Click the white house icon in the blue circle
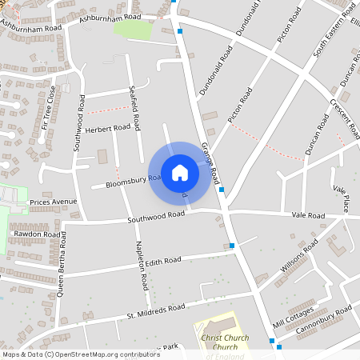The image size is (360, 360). click(180, 173)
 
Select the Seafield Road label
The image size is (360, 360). click(138, 111)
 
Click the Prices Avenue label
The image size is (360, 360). click(53, 202)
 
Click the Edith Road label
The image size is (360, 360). click(164, 261)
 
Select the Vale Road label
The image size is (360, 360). click(308, 216)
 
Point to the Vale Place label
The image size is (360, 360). click(341, 198)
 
